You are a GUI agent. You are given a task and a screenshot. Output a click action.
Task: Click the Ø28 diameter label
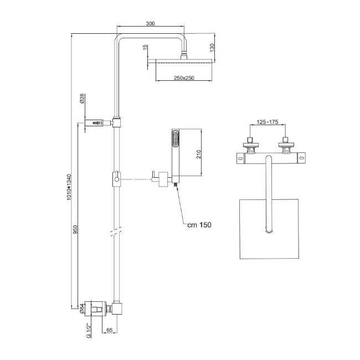click(82, 100)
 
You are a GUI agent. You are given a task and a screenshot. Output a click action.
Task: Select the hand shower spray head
click(176, 138)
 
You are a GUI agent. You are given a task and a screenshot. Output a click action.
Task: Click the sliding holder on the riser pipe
click(115, 179)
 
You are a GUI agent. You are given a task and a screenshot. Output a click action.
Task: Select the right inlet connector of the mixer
click(286, 143)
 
